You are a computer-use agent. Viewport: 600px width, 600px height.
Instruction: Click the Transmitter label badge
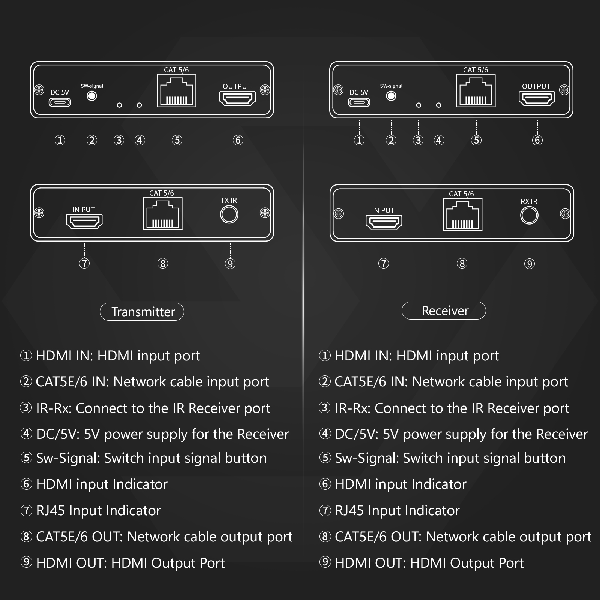[x=142, y=312]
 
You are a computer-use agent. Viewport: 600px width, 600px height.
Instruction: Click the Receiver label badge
[x=444, y=310]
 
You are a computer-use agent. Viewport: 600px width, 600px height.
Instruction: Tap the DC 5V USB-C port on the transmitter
[x=60, y=102]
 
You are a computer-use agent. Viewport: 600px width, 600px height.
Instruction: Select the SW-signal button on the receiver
[x=391, y=96]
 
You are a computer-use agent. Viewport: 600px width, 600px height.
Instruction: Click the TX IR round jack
[x=229, y=215]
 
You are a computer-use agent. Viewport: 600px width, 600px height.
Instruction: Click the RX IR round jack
[x=529, y=216]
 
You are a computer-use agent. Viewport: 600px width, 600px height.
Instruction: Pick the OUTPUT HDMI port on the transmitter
[x=237, y=99]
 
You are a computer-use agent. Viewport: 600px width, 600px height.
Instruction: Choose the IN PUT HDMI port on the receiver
[x=384, y=222]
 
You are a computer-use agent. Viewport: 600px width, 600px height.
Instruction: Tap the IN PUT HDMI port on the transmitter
[x=84, y=222]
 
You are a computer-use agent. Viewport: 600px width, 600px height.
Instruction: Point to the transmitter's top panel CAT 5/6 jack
[x=176, y=91]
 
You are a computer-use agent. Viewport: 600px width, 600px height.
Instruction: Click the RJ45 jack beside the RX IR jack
[x=462, y=214]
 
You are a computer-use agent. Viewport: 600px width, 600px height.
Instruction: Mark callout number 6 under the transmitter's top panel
[x=238, y=140]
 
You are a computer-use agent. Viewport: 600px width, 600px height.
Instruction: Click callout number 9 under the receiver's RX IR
[x=529, y=264]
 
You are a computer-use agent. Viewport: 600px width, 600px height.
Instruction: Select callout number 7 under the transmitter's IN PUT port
[x=84, y=263]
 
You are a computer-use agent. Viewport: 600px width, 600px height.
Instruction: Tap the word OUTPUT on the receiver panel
[x=536, y=86]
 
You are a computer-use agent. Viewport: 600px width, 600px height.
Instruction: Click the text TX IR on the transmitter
[x=229, y=201]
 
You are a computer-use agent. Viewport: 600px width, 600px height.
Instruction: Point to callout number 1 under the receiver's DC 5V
[x=359, y=140]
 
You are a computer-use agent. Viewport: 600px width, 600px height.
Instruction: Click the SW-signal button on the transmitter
[x=92, y=96]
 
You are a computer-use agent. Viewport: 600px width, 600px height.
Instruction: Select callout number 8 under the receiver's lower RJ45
[x=462, y=264]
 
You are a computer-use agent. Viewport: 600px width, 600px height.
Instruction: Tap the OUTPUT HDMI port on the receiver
[x=537, y=99]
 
